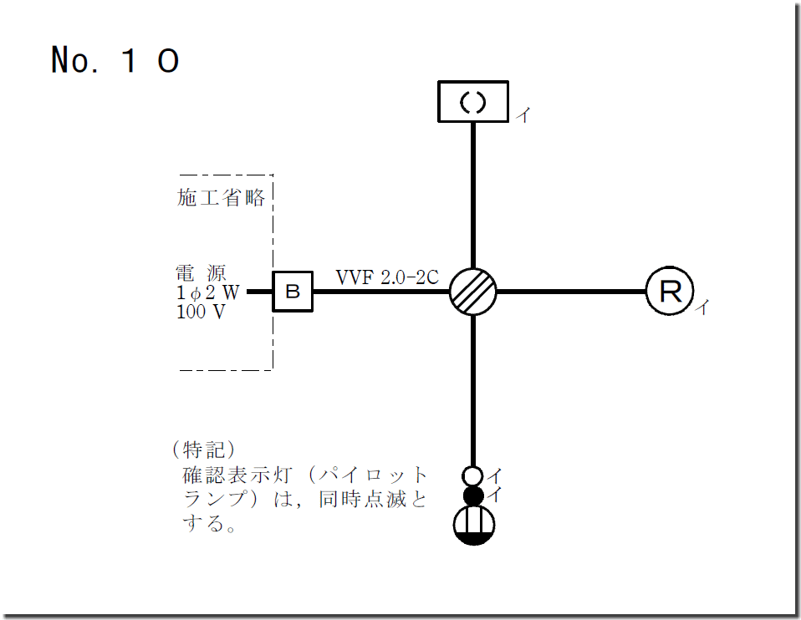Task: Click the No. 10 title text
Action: click(x=115, y=60)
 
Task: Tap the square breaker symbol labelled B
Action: click(x=293, y=292)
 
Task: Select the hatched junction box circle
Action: click(x=473, y=292)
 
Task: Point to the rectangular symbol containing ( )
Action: click(x=473, y=101)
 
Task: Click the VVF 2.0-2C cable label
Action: click(x=387, y=277)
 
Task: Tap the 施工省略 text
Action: click(x=221, y=198)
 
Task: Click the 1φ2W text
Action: click(x=207, y=292)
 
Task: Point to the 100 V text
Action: click(x=201, y=312)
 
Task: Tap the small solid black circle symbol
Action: click(x=473, y=496)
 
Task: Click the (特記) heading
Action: click(x=200, y=450)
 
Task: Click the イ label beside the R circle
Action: click(x=702, y=308)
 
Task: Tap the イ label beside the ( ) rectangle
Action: click(x=522, y=116)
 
